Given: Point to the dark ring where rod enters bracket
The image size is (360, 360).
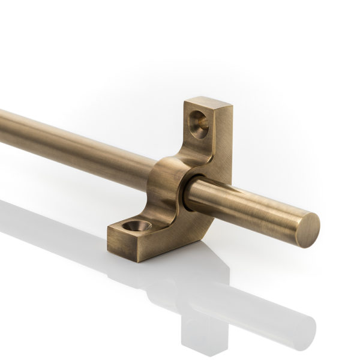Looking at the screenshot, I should (187, 193).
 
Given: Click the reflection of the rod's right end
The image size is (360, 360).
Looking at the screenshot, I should (300, 327).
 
